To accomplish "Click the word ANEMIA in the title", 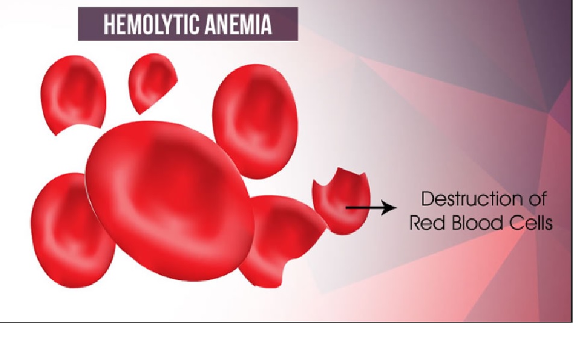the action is (x=239, y=25).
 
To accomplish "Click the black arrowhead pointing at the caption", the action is (x=389, y=207).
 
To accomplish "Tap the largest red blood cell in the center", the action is (x=169, y=200).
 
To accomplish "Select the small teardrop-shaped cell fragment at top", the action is (x=151, y=82).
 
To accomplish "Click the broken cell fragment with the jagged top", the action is (x=341, y=201).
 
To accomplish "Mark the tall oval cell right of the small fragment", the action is (x=256, y=121).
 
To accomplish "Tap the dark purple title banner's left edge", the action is (x=78, y=24).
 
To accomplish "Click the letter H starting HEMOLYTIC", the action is (x=108, y=25).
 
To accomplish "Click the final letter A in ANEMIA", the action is (x=266, y=25).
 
